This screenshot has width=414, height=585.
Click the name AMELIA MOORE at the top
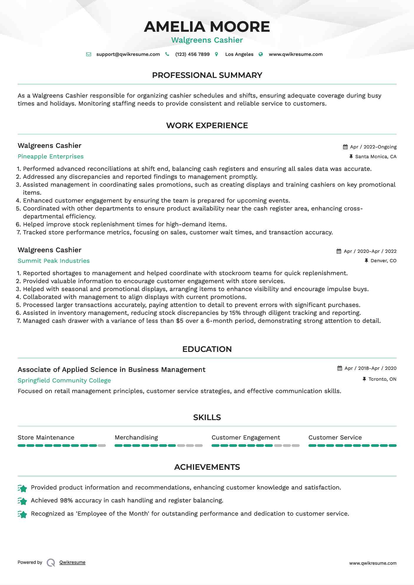207,27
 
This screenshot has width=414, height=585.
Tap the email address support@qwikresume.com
128,54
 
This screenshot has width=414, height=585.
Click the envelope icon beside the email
89,54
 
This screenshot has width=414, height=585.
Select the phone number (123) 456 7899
192,54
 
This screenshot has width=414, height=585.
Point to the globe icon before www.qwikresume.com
261,54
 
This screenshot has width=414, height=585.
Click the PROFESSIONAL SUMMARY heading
207,75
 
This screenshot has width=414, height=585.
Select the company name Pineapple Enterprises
51,156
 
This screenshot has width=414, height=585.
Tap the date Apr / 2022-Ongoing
373,147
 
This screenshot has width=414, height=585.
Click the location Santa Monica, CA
376,157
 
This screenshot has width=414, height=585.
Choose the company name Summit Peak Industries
54,261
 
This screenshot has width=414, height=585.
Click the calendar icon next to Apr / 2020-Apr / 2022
339,251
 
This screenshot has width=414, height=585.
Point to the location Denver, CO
383,261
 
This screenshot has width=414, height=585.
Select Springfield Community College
64,380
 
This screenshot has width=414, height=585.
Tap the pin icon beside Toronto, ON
364,379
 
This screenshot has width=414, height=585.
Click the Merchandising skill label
136,437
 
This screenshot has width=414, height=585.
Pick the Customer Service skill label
335,437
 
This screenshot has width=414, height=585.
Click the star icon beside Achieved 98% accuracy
22,501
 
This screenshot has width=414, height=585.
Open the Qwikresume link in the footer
72,562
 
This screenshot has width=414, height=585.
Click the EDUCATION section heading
207,349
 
